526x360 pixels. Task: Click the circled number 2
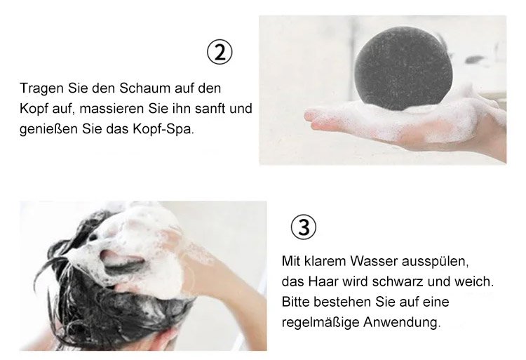(220, 53)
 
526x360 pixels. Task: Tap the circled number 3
(303, 227)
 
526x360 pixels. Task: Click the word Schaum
(145, 88)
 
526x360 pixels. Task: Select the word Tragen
(42, 89)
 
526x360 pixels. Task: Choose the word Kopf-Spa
(163, 130)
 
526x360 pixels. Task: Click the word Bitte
(295, 302)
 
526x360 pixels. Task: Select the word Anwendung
(402, 323)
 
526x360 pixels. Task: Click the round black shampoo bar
(403, 69)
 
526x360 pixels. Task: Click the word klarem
(325, 261)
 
